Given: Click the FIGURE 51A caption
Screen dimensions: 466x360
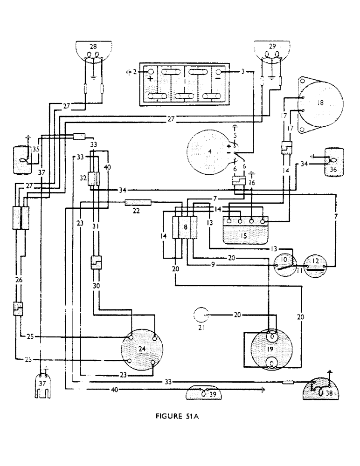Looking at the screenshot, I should coord(180,416).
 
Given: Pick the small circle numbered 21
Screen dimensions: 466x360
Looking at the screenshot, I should coord(201,315).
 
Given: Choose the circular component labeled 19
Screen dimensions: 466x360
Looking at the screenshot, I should coord(271,349).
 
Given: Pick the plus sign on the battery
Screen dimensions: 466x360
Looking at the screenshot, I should coord(151,79).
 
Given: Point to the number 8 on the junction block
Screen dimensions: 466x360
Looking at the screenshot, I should coord(186,227).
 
